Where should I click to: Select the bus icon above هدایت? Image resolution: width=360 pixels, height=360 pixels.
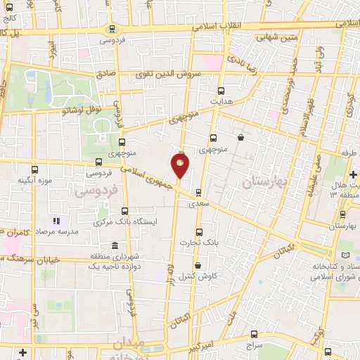tap(221, 91)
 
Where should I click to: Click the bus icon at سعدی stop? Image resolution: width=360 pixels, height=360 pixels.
tap(198, 192)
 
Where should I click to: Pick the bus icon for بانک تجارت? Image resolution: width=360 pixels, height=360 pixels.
tap(198, 231)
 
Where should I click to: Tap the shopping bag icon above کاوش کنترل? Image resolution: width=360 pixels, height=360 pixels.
tap(197, 265)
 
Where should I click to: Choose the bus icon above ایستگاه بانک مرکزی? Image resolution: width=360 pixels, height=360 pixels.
tap(124, 211)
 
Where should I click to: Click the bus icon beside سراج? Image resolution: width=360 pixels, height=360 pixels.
tap(253, 335)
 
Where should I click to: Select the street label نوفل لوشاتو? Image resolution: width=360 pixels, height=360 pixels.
tap(65, 110)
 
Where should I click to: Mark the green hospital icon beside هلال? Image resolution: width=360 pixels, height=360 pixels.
tap(352, 172)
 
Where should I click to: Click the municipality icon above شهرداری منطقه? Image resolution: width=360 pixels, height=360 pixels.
tap(94, 256)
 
